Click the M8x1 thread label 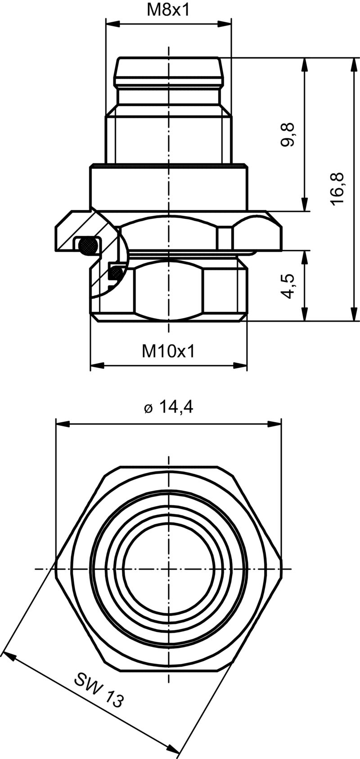[168, 10]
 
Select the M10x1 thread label [168, 351]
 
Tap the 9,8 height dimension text [287, 134]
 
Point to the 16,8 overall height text [337, 189]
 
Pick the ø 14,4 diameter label [168, 407]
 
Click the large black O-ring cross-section [87, 245]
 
